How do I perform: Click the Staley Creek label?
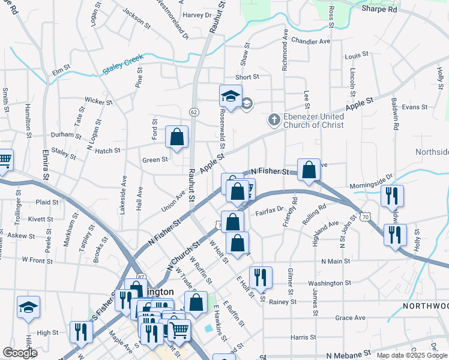(x=122, y=66)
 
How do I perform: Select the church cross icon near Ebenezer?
(x=274, y=119)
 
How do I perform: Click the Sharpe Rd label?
(x=379, y=10)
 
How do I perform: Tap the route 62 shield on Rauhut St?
(x=193, y=112)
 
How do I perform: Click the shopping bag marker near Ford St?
(x=177, y=137)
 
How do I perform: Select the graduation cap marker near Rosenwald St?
(x=231, y=96)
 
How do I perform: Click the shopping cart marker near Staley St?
(x=4, y=160)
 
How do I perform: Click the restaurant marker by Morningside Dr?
(x=392, y=195)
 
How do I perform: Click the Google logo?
(x=20, y=353)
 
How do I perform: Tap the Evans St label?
(x=414, y=107)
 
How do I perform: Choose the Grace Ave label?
(x=351, y=317)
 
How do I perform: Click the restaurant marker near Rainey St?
(x=260, y=277)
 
